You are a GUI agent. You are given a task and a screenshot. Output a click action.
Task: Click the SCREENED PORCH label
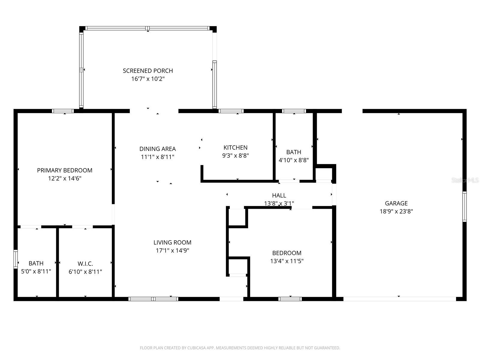point(148,71)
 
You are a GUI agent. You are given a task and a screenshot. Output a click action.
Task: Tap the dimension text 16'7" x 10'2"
point(148,79)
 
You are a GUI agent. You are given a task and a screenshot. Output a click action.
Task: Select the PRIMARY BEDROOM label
point(65,170)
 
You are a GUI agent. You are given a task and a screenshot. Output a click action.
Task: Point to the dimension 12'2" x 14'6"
point(65,178)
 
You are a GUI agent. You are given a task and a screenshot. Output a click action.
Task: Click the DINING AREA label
point(158,149)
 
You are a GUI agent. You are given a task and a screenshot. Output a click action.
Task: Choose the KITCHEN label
point(235,148)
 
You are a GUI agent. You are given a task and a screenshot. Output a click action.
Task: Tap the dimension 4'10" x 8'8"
point(294,160)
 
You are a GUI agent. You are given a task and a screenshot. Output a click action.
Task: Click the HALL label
point(279,195)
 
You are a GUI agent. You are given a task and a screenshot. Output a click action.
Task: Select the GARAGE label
point(396,203)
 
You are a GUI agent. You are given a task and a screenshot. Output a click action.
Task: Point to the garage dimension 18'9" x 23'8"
point(396,211)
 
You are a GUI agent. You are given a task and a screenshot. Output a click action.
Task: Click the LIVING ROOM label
point(172,242)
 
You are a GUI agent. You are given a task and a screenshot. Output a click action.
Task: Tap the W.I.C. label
point(85,264)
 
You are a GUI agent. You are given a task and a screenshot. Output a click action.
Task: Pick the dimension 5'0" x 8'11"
point(36,271)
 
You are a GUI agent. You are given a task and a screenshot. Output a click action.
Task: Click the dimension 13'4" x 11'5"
point(287,261)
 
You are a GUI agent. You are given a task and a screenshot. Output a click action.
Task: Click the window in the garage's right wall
point(464,207)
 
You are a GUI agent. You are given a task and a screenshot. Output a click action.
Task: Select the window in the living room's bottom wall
point(153,299)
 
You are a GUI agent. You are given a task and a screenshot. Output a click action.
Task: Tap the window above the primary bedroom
point(63,111)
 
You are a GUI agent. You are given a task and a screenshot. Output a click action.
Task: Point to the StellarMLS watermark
point(465,180)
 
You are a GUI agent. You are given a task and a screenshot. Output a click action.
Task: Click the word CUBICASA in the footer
point(196,348)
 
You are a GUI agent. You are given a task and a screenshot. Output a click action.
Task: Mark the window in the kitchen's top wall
point(231,111)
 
